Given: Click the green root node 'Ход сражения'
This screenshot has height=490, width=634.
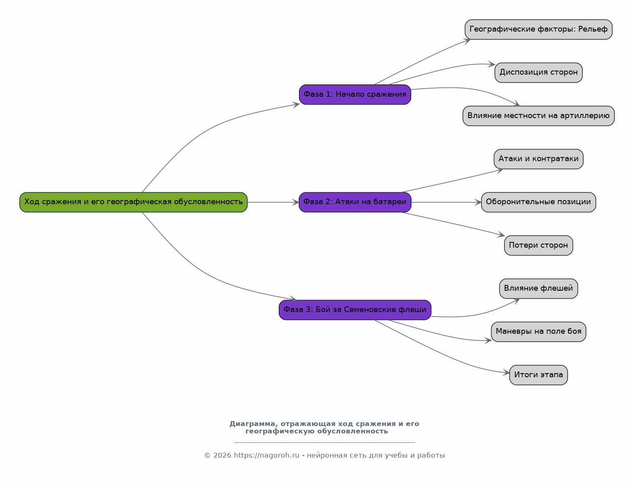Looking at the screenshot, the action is (133, 202).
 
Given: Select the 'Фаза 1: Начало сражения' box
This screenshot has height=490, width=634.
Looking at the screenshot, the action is (355, 94).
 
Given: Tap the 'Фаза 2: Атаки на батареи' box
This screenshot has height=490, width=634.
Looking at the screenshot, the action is (355, 202).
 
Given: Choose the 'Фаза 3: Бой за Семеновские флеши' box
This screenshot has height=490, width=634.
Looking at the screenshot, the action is (355, 310).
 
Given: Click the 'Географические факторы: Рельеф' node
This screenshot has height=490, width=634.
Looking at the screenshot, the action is (538, 30).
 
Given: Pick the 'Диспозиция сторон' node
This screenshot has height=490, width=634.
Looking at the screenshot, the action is (538, 73).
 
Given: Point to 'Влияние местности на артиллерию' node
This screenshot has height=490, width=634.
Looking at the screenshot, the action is (538, 116).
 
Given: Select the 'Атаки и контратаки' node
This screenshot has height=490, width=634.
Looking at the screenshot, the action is (538, 159).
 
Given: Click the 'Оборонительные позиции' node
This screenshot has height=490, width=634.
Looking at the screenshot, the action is (538, 202).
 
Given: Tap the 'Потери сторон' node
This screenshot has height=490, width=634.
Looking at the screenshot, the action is (538, 246).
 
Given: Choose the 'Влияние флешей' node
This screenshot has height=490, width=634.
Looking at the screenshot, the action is (538, 289).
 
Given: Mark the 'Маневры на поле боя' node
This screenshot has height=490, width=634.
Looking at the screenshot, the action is (538, 332).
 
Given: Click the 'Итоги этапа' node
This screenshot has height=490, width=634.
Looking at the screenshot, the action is (538, 375).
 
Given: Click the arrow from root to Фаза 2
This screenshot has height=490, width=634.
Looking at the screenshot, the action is (273, 202).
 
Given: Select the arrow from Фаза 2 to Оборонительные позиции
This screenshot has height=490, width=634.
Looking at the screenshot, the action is (446, 202).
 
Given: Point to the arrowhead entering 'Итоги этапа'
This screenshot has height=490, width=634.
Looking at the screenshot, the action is (506, 373).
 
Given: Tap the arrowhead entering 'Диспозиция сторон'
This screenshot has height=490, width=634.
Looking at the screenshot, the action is (492, 64).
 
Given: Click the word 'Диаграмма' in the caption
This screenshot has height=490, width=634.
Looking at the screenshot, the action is (252, 424).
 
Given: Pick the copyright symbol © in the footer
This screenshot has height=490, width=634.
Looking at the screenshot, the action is (207, 455).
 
